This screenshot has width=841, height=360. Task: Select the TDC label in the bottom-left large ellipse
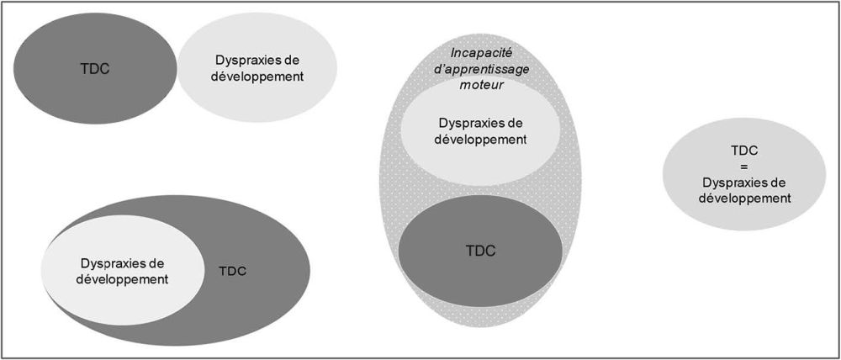click(232, 271)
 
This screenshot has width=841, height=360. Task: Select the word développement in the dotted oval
click(480, 140)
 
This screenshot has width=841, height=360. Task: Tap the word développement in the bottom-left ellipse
click(123, 278)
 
